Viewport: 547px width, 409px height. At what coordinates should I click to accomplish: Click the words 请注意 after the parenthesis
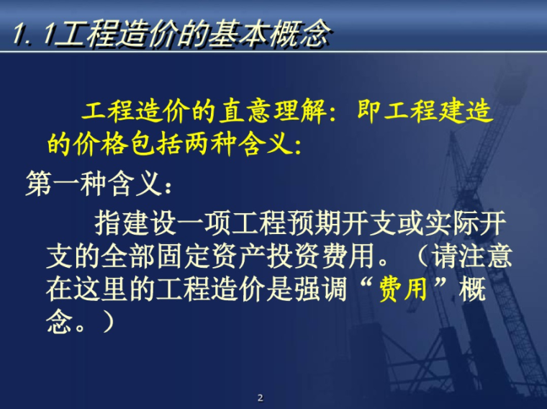point(465,257)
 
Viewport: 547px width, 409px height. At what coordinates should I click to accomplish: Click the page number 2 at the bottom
point(261,397)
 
